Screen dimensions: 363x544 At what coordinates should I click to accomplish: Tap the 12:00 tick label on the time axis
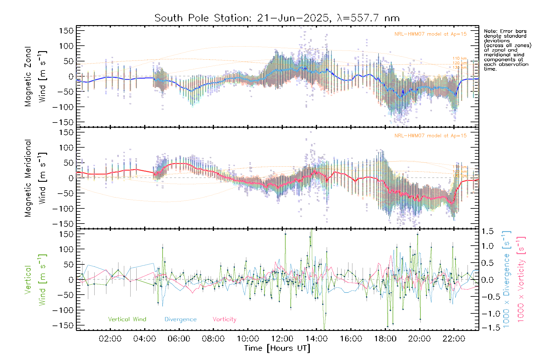pyautogui.click(x=282, y=339)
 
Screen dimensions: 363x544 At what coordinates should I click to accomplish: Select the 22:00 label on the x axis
pyautogui.click(x=454, y=339)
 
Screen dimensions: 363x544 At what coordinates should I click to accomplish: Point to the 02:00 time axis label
pyautogui.click(x=110, y=339)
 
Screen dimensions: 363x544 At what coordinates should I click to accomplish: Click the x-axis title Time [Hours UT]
pyautogui.click(x=277, y=348)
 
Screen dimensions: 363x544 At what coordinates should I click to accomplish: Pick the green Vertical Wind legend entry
pyautogui.click(x=127, y=319)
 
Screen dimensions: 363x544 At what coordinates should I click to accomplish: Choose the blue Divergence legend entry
pyautogui.click(x=180, y=319)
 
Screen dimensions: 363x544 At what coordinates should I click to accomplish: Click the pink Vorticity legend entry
pyautogui.click(x=224, y=319)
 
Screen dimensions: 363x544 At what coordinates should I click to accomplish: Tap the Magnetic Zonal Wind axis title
pyautogui.click(x=35, y=77)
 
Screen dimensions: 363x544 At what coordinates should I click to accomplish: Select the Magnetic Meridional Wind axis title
pyautogui.click(x=35, y=178)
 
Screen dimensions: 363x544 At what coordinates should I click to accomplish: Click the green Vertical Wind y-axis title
pyautogui.click(x=35, y=280)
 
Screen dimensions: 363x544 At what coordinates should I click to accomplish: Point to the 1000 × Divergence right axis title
pyautogui.click(x=507, y=280)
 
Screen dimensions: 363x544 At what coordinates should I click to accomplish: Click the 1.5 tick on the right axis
pyautogui.click(x=487, y=231)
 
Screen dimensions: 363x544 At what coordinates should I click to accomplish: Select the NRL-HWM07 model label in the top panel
pyautogui.click(x=430, y=34)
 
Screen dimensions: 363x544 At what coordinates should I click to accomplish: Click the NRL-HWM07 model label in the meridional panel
pyautogui.click(x=430, y=136)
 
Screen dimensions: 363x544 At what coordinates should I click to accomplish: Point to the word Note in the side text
pyautogui.click(x=490, y=31)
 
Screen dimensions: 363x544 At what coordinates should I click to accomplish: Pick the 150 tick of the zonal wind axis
pyautogui.click(x=66, y=31)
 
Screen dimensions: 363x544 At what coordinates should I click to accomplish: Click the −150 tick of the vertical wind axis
pyautogui.click(x=63, y=325)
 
